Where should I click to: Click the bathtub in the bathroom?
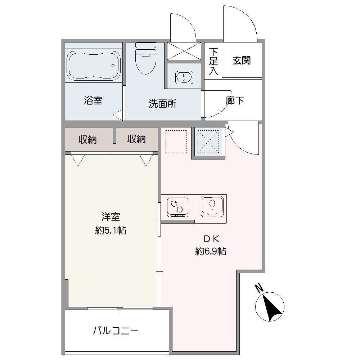pos(94,66)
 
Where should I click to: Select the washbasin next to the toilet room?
pos(184,77)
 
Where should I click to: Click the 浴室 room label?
pos(93,100)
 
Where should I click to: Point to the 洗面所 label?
pos(163,104)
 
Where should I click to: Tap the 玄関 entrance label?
pos(242,60)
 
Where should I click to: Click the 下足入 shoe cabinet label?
pos(213,61)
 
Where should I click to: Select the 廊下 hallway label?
pos(235,100)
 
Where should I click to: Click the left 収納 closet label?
pos(87,139)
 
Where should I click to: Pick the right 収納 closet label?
pos(136,139)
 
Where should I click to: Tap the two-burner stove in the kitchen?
pos(178,207)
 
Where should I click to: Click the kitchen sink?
pos(212,206)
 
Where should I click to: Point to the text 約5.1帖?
pos(111,230)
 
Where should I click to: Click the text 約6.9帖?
pos(211,251)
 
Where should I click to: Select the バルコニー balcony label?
pos(116,331)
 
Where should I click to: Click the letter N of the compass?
pos(259,288)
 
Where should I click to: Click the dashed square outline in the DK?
pos(176,141)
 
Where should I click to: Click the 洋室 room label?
pos(111,217)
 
